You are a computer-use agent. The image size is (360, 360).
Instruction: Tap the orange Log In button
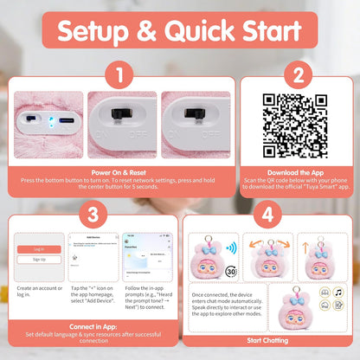coord(39,248)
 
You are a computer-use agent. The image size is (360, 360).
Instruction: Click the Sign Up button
coord(39,259)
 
